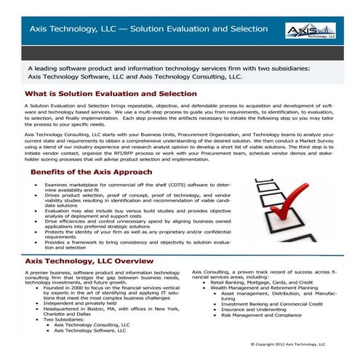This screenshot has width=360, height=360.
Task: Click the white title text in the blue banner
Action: click(148, 30)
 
